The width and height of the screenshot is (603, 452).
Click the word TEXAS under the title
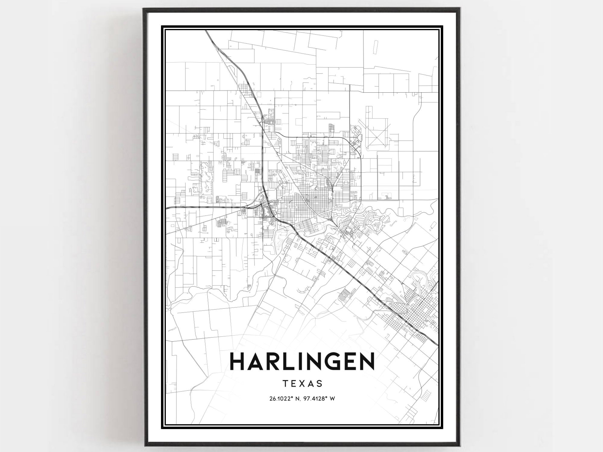302,384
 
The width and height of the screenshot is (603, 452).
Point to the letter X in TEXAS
303,384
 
